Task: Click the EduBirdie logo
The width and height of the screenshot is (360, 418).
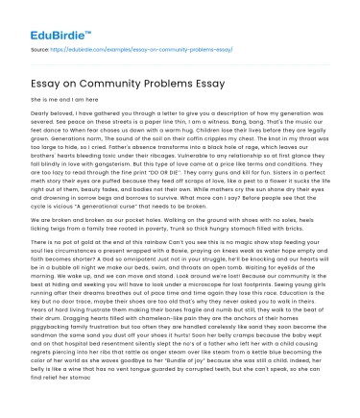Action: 41,17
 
